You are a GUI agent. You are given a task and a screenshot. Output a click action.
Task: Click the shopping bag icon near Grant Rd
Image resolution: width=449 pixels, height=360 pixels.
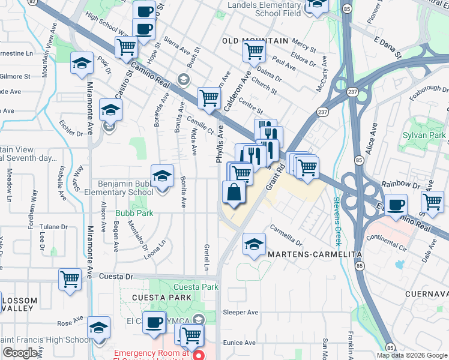234,193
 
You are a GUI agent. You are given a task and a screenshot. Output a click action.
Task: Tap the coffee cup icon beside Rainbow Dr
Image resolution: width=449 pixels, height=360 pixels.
396,205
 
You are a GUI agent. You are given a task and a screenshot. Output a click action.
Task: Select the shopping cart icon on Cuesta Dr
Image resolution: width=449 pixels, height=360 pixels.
70,279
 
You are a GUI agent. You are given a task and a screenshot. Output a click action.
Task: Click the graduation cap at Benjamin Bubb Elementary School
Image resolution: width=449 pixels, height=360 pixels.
162,176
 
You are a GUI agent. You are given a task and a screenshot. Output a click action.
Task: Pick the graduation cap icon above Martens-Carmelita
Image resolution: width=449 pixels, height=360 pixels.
254,244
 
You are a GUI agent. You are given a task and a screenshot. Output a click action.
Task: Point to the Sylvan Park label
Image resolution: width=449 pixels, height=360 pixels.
424,136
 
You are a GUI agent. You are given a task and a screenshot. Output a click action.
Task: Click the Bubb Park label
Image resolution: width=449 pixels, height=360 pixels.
135,213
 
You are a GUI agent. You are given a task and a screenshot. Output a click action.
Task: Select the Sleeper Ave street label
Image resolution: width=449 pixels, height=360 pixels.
240,313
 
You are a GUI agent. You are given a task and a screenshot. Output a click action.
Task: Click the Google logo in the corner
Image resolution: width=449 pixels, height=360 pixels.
20,353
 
